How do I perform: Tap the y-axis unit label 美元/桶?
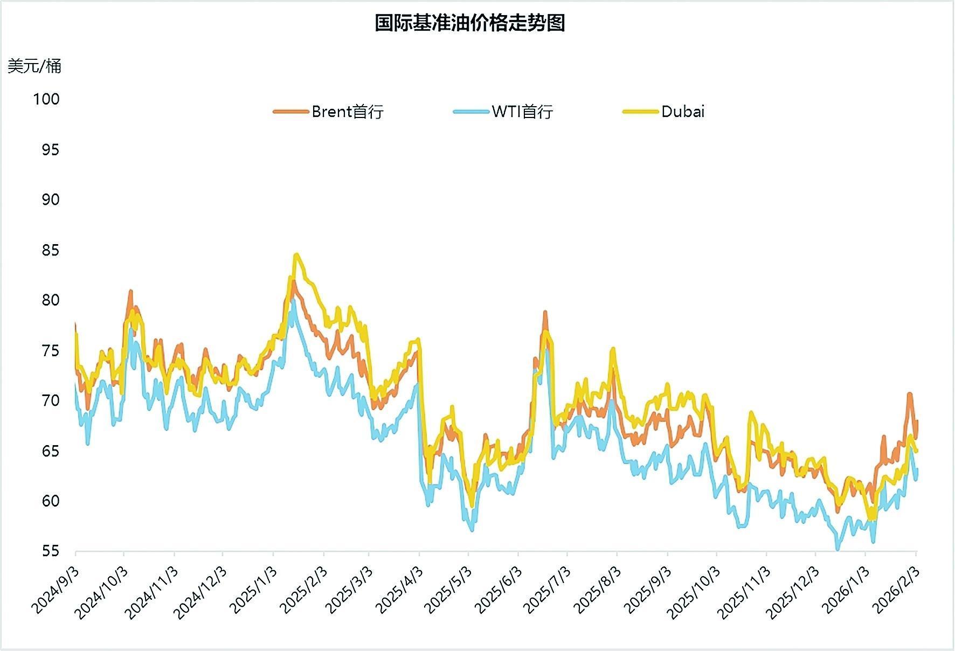(x=34, y=66)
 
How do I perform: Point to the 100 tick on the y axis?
(x=46, y=99)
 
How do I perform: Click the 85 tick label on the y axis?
(x=50, y=251)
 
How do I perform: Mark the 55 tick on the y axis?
(x=50, y=551)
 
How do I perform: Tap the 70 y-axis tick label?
(x=50, y=400)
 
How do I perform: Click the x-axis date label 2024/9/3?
(x=56, y=590)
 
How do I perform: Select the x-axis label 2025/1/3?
(x=253, y=590)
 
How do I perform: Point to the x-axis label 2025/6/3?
(x=499, y=590)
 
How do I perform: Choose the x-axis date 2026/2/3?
(x=896, y=590)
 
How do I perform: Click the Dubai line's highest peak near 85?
(x=296, y=255)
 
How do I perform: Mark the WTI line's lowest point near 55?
(x=838, y=549)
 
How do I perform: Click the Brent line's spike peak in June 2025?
(x=545, y=312)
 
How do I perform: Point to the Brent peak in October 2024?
(x=130, y=292)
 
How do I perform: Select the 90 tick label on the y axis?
(x=50, y=200)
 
